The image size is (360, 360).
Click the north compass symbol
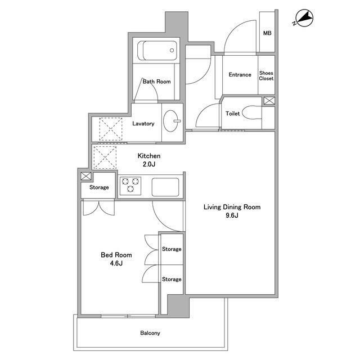pos(304,18)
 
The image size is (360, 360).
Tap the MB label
pos(267,33)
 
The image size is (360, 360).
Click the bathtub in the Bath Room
pos(157,51)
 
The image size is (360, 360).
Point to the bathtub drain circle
pos(172,50)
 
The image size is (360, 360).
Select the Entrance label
pos(240,75)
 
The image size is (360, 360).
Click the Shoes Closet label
pos(266,75)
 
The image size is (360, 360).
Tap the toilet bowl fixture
pos(252,112)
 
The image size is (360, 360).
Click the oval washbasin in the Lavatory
pos(171,121)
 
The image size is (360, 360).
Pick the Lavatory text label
pos(143,124)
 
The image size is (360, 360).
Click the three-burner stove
pos(130,186)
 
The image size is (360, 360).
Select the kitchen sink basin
pos(165,187)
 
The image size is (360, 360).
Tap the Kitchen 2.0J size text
pos(148,164)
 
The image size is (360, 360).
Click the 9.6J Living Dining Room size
pos(232,215)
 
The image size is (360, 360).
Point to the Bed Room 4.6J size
pos(116,263)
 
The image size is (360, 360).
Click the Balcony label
pos(150,333)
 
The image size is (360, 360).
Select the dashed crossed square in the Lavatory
pos(111,129)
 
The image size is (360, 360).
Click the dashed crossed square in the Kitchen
pos(105,157)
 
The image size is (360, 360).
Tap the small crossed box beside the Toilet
pos(269,101)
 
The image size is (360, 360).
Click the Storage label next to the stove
pos(99,187)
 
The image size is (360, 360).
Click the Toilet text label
pos(232,114)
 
